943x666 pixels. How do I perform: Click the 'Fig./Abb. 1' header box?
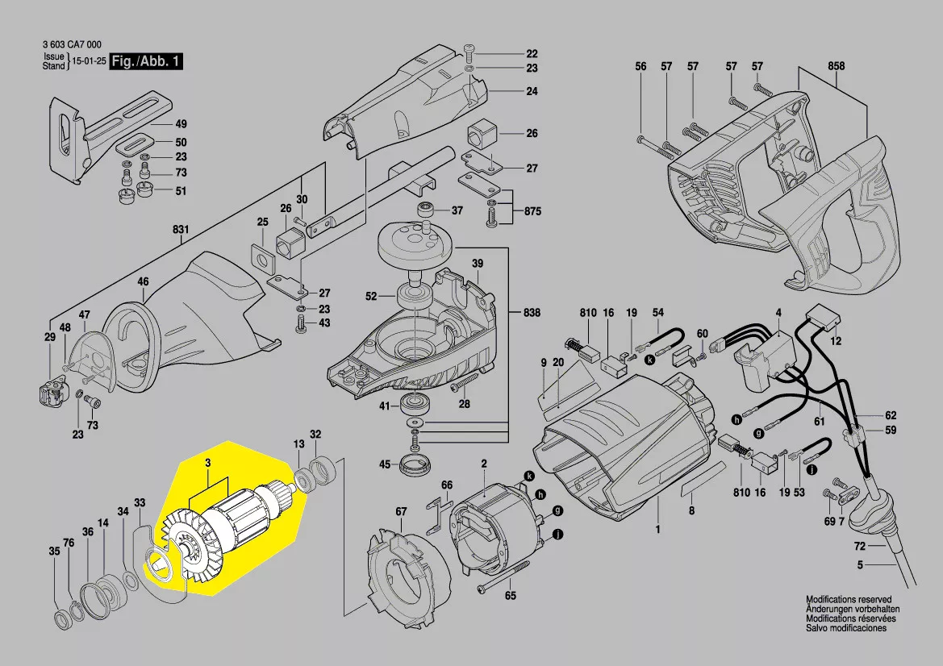pos(147,62)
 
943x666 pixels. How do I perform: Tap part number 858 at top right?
pos(836,66)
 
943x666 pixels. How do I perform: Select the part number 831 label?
pos(180,229)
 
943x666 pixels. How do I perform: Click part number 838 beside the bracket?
pos(532,313)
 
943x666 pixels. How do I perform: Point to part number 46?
pos(143,281)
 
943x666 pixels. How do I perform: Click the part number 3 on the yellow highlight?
pos(208,463)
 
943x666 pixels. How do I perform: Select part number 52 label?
pos(371,297)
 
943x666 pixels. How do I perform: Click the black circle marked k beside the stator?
pos(528,477)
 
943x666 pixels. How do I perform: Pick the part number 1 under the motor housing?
pos(657,529)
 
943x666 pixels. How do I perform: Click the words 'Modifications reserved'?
pos(849,601)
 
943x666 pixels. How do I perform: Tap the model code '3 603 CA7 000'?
pos(71,45)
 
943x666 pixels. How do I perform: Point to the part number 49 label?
pos(181,124)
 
